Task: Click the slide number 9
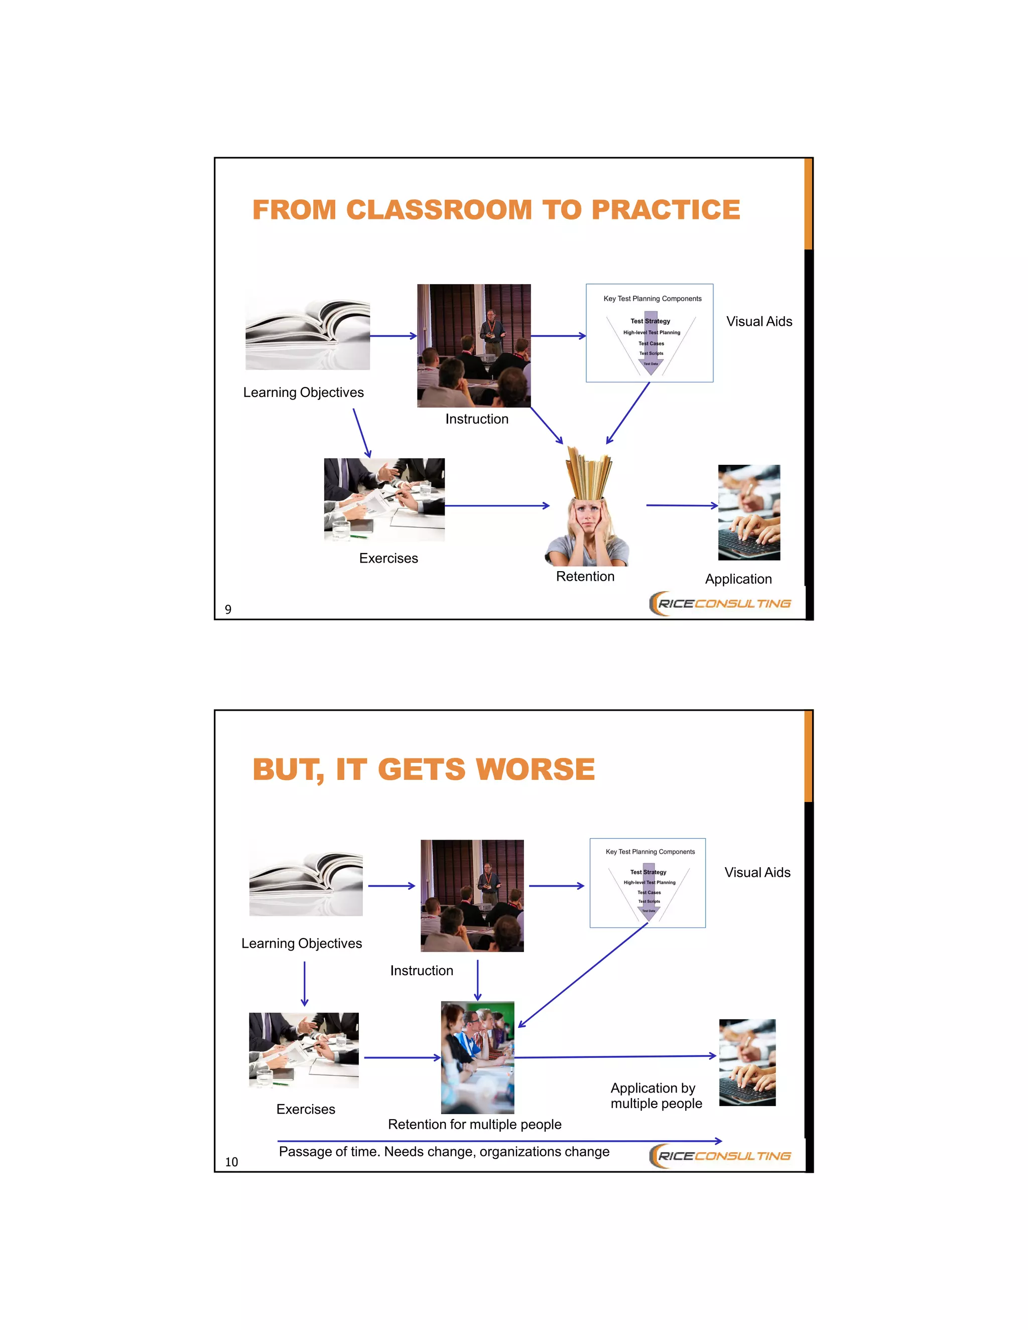pos(228,610)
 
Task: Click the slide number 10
pos(231,1162)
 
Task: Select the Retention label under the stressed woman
pos(585,577)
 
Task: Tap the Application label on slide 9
pos(738,579)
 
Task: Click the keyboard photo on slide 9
pos(748,513)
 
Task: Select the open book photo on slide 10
pos(306,884)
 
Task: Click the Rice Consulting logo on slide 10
pos(720,1156)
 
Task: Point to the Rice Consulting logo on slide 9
pos(720,603)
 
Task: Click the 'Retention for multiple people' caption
pos(474,1124)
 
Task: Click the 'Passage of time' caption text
pos(443,1151)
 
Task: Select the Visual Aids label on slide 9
pos(759,322)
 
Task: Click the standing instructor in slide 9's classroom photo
pos(491,332)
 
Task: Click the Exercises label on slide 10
pos(306,1109)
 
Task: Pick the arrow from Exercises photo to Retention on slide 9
pos(496,505)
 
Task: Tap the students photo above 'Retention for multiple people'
pos(477,1057)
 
